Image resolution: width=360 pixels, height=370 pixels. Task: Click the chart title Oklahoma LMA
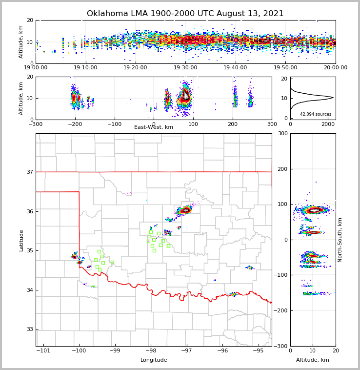(x=185, y=14)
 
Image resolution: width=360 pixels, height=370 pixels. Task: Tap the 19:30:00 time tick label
(x=186, y=68)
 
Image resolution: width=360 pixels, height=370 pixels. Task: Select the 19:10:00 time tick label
(x=86, y=68)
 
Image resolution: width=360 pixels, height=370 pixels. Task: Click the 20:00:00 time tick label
(x=335, y=68)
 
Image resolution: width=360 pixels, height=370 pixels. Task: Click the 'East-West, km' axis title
(x=154, y=127)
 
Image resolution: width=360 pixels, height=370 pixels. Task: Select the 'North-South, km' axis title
(x=340, y=240)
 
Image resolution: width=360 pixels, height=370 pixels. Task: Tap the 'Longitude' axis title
(x=154, y=360)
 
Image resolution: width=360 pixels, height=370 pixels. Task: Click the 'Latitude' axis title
(x=21, y=240)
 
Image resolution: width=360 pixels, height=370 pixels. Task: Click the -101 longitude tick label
(x=43, y=350)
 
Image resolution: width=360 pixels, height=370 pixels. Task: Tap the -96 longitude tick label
(x=222, y=350)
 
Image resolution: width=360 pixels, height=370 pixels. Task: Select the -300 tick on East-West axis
(x=36, y=124)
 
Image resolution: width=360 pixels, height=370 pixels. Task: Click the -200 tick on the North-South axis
(x=280, y=310)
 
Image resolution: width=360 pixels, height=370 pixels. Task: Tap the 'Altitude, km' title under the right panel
(x=313, y=360)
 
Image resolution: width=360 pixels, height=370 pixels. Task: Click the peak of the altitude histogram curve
(x=333, y=98)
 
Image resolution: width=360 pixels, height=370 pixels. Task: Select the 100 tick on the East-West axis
(x=193, y=124)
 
